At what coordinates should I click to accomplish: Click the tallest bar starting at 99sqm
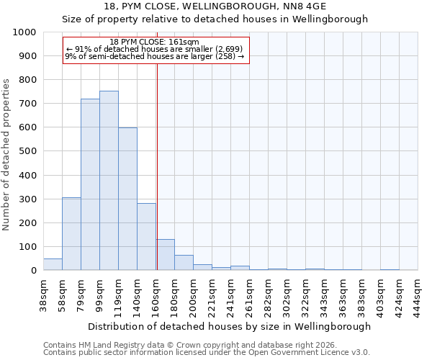109,181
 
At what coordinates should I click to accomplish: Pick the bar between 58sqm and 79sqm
71,234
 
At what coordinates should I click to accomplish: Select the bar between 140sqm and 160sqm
146,237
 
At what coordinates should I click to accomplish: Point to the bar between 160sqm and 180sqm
165,255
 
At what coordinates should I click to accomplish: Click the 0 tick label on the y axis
34,271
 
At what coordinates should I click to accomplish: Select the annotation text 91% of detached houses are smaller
155,49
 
